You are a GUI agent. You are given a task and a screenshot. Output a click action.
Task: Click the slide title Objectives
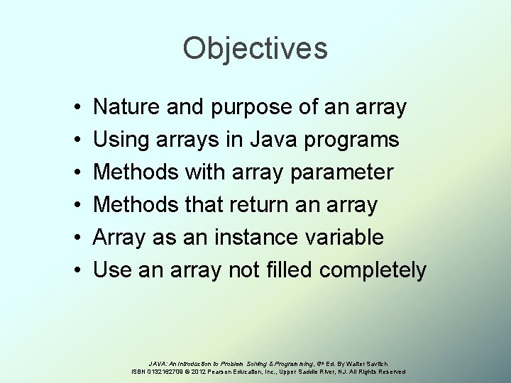coord(255,49)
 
